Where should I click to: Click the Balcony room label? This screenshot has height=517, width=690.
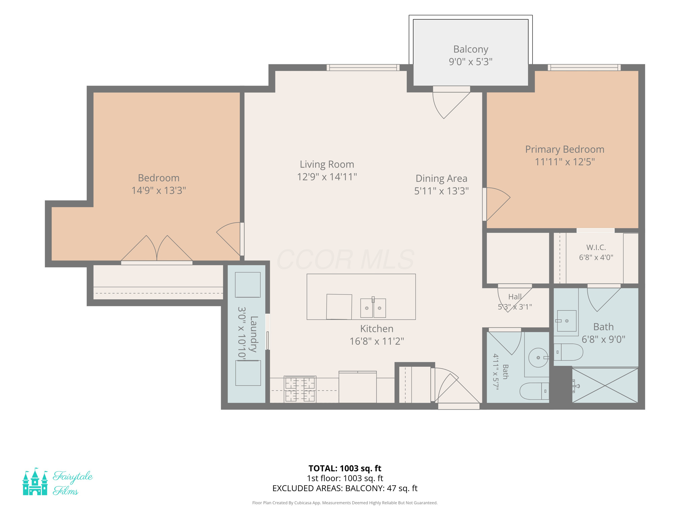tap(470, 49)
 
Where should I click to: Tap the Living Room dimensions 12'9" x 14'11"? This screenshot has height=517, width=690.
tap(327, 177)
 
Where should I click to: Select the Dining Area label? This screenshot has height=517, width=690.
tap(441, 178)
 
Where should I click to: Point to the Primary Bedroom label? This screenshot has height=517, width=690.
tap(565, 149)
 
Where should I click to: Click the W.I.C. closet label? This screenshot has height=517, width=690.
tap(596, 247)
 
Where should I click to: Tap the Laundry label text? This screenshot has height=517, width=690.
tap(254, 334)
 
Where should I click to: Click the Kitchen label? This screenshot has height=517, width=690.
tap(377, 329)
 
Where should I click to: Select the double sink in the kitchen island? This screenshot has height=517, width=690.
tap(373, 307)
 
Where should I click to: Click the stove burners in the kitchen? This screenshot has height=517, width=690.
tap(300, 389)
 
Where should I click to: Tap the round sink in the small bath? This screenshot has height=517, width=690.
tap(538, 357)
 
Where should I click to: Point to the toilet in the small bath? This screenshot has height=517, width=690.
tap(534, 391)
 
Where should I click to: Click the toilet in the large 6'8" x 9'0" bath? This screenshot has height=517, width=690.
tap(568, 352)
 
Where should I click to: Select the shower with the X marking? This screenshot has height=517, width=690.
tap(605, 385)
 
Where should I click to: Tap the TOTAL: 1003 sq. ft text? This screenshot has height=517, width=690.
tap(345, 468)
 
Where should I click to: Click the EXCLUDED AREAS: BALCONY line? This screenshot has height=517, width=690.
tap(345, 488)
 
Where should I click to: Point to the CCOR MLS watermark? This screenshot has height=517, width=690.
tap(345, 260)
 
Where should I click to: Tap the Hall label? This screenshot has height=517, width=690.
tap(515, 297)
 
